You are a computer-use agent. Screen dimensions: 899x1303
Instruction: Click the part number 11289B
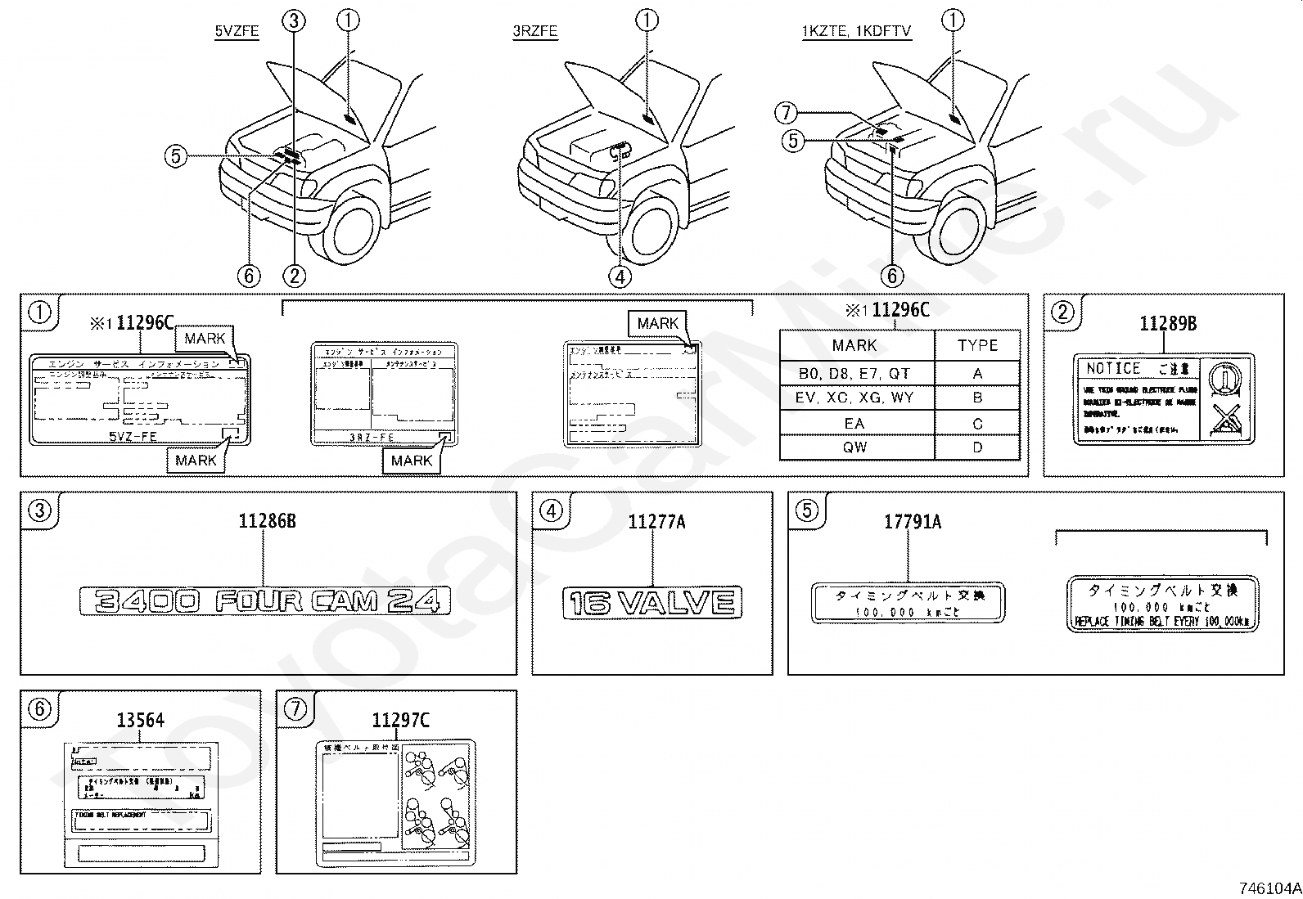(1168, 324)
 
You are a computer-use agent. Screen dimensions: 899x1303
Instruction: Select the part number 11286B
(267, 521)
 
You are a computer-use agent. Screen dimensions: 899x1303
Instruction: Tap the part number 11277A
(656, 522)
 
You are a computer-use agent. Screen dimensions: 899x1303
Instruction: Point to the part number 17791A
(913, 522)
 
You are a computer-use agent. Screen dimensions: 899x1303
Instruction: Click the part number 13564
(140, 721)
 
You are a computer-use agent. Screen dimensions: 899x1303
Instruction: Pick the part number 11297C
(400, 721)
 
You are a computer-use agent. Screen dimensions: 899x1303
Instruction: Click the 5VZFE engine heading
(237, 32)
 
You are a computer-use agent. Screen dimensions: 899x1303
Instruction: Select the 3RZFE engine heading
(534, 32)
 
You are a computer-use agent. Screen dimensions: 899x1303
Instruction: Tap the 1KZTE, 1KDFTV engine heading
(856, 32)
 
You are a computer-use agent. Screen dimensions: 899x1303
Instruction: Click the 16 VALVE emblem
(652, 603)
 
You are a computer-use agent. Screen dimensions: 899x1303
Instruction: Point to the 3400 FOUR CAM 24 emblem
(265, 601)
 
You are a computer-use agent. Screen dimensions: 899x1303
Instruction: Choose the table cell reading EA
(854, 424)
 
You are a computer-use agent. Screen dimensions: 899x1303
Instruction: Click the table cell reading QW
(854, 447)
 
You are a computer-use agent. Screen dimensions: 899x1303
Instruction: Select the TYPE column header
(977, 345)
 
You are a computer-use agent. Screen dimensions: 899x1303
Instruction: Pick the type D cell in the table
(977, 447)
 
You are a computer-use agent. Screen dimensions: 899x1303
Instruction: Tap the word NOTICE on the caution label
(1113, 369)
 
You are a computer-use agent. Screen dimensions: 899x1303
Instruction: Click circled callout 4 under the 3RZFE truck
(620, 276)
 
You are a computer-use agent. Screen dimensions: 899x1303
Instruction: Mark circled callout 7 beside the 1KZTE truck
(786, 113)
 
